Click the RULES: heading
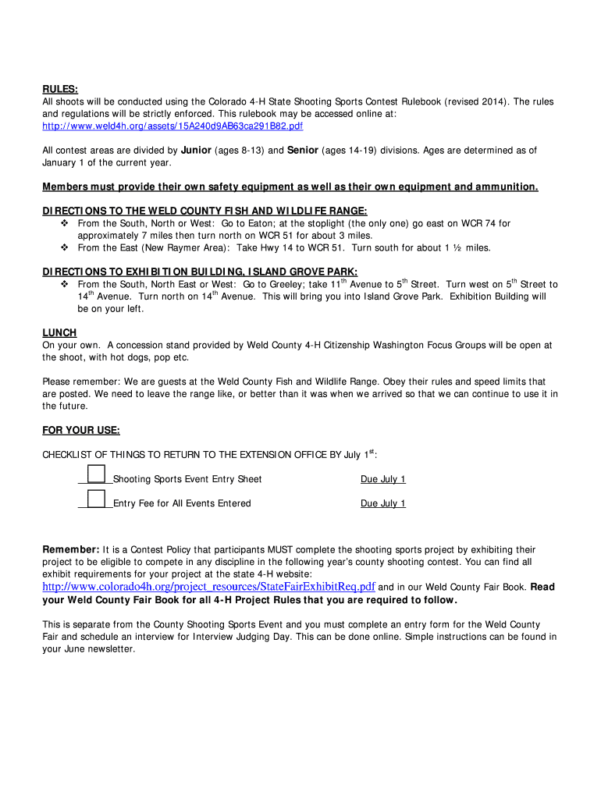tap(60, 89)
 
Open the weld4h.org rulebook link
tap(172, 126)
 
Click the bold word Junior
tap(196, 150)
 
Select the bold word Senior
tap(302, 150)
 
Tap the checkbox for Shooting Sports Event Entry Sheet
tap(96, 474)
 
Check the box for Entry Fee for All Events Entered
tap(96, 499)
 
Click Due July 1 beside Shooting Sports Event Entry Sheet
tap(382, 479)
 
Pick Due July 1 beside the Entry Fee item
tap(382, 503)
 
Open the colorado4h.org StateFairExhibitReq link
tap(208, 586)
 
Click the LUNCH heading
tap(59, 332)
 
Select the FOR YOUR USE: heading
tap(80, 430)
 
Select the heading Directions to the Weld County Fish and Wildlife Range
tap(204, 211)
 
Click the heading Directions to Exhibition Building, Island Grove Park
tap(200, 272)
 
